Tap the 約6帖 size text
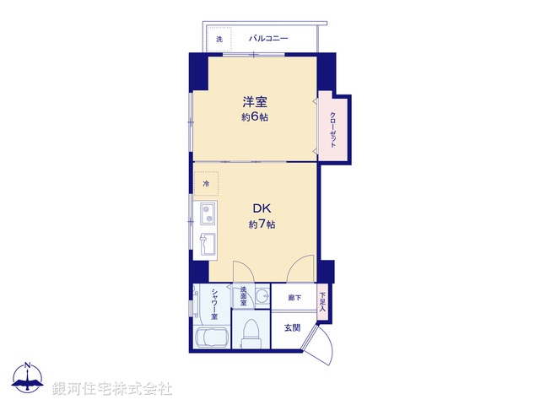(x=256, y=118)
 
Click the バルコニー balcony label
(x=268, y=39)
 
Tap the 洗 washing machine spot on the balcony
(x=219, y=40)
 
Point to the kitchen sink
(x=207, y=246)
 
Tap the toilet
(x=251, y=334)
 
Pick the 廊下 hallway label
(x=294, y=298)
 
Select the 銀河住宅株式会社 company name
(x=113, y=389)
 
